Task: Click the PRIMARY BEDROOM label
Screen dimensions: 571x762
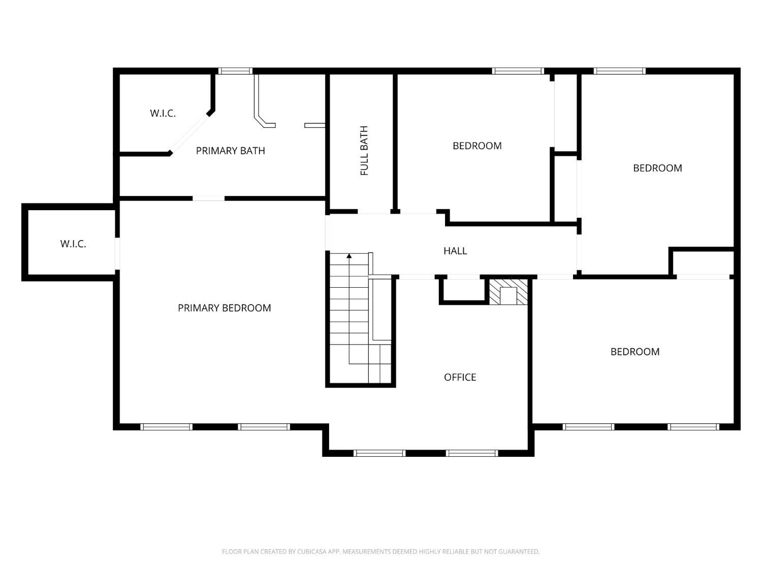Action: (x=224, y=308)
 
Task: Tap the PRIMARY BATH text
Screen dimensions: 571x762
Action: (x=230, y=151)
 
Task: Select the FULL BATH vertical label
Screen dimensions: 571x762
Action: (x=364, y=151)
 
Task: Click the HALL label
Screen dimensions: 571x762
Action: (x=455, y=251)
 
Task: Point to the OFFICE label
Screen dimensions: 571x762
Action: (x=460, y=377)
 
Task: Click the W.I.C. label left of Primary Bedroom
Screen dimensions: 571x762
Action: (x=73, y=244)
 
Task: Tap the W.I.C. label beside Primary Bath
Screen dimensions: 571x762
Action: (x=163, y=113)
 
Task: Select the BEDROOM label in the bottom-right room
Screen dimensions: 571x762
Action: (x=634, y=352)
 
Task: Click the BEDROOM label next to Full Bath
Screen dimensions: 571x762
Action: (x=477, y=146)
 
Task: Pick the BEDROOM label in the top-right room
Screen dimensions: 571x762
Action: (x=657, y=168)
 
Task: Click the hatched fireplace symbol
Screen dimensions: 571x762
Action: (x=508, y=292)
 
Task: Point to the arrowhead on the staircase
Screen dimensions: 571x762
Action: (x=349, y=256)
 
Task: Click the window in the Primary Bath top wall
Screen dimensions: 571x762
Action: (x=235, y=71)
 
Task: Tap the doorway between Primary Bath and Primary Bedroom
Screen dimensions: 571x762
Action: (x=208, y=198)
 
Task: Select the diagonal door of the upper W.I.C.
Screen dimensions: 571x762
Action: (x=189, y=133)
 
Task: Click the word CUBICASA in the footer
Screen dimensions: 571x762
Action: (x=310, y=552)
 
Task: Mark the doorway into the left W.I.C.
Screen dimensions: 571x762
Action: (x=117, y=253)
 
